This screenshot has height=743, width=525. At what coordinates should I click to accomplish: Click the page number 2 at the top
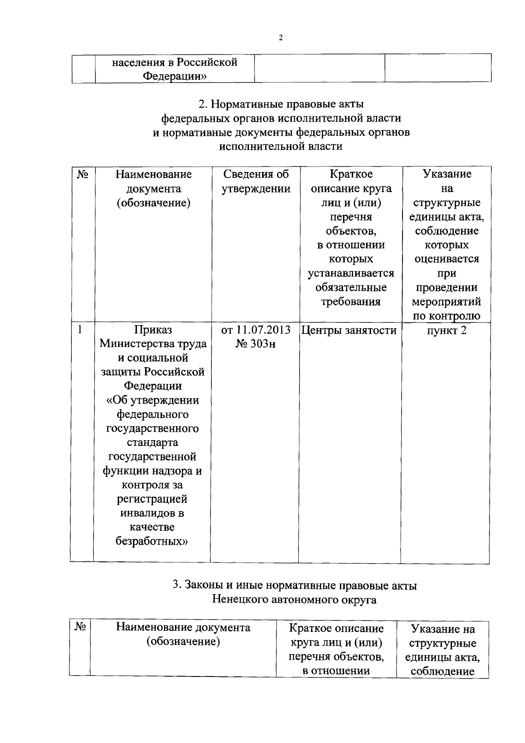tap(280, 38)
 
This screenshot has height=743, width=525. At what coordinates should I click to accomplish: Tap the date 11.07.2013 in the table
tap(264, 330)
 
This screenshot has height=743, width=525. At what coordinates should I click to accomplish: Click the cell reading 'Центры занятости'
tap(349, 330)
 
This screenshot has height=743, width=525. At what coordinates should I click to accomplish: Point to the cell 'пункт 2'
tap(447, 330)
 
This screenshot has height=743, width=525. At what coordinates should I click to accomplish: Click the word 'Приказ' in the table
tap(153, 329)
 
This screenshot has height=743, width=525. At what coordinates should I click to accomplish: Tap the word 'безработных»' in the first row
tap(152, 541)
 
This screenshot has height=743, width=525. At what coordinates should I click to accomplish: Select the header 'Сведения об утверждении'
tap(256, 181)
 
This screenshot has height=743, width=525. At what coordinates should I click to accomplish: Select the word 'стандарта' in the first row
tap(152, 442)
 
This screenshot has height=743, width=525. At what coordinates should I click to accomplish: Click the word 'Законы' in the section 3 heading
tap(203, 585)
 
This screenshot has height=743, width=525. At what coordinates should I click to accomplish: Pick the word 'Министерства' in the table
tap(136, 343)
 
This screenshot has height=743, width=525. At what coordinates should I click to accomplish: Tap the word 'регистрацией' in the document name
tap(152, 499)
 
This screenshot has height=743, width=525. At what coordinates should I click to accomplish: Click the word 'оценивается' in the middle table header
tap(447, 259)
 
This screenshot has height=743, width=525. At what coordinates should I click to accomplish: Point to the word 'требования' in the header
tap(351, 301)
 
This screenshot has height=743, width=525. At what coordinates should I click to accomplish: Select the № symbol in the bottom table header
tap(80, 627)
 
